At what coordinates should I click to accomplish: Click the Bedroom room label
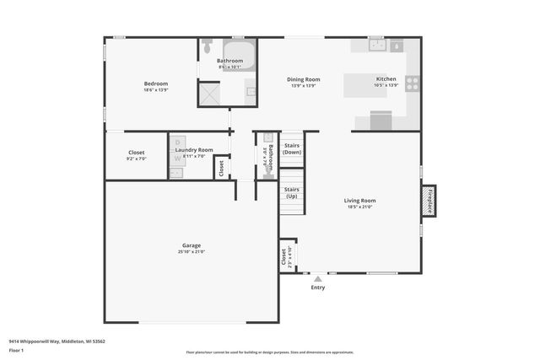156,83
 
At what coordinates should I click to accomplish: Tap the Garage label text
191,245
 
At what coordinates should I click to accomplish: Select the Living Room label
359,201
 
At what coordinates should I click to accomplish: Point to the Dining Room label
305,79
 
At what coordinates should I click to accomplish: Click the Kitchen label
386,79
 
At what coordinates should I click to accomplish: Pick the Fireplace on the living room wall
429,201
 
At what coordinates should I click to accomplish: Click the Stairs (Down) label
292,148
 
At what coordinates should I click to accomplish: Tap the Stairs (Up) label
292,193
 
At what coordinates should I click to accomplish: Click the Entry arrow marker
317,277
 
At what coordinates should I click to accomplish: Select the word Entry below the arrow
317,287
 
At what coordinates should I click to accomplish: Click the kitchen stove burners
412,83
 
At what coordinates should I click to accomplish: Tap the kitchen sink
376,45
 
